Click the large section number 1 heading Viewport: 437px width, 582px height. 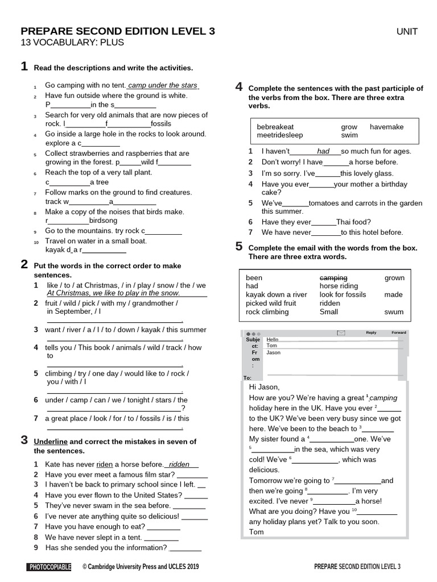point(24,67)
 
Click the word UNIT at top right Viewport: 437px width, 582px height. point(407,32)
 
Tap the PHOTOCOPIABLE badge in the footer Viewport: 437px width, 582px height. point(50,567)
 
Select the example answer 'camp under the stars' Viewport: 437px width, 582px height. point(163,85)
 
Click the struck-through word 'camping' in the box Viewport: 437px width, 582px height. point(333,278)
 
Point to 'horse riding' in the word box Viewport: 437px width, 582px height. point(339,286)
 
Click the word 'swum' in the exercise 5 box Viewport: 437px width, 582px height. point(394,312)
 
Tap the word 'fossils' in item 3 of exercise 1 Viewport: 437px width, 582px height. point(160,123)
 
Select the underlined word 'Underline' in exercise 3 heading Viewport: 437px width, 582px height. point(51,442)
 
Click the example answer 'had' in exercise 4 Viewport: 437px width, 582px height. point(323,151)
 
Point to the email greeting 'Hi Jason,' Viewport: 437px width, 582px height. point(265,387)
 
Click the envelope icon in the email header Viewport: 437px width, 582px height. point(341,333)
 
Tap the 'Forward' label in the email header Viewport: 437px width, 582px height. point(399,332)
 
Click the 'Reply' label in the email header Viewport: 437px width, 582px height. point(371,332)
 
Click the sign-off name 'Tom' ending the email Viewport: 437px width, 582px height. point(257,532)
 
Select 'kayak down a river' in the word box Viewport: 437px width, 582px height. point(276,295)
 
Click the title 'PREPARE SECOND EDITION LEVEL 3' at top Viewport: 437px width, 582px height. point(118,32)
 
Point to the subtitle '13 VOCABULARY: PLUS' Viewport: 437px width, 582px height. point(72,43)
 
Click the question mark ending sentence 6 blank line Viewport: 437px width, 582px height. point(183,408)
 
